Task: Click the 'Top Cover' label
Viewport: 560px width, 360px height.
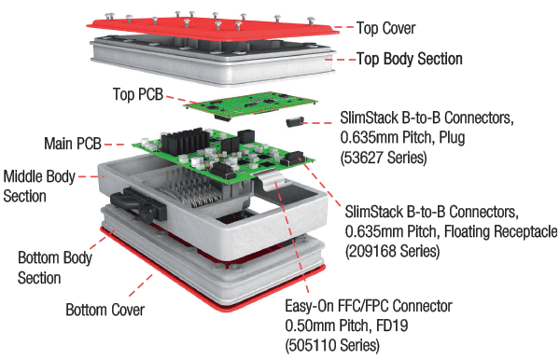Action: click(386, 28)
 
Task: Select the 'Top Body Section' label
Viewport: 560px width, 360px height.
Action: click(410, 59)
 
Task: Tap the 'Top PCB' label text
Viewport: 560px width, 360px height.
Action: click(138, 94)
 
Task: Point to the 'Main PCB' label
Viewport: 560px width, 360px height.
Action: click(73, 144)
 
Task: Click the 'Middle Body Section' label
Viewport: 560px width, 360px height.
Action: click(39, 187)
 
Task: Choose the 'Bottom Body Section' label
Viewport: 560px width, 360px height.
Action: click(55, 268)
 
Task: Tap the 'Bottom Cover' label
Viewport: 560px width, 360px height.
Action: click(105, 310)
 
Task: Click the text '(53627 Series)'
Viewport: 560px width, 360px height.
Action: click(384, 158)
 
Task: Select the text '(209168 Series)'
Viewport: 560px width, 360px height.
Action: click(392, 251)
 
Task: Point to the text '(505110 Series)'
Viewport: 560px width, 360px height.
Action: click(332, 345)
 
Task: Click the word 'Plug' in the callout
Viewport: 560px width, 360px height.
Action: click(452, 138)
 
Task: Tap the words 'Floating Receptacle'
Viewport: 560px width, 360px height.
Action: click(500, 231)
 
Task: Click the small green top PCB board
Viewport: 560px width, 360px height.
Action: click(251, 104)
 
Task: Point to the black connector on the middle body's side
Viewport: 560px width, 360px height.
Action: click(138, 205)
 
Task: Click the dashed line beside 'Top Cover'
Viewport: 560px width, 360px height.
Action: click(343, 27)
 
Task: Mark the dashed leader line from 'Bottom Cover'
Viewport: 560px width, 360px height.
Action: click(141, 285)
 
